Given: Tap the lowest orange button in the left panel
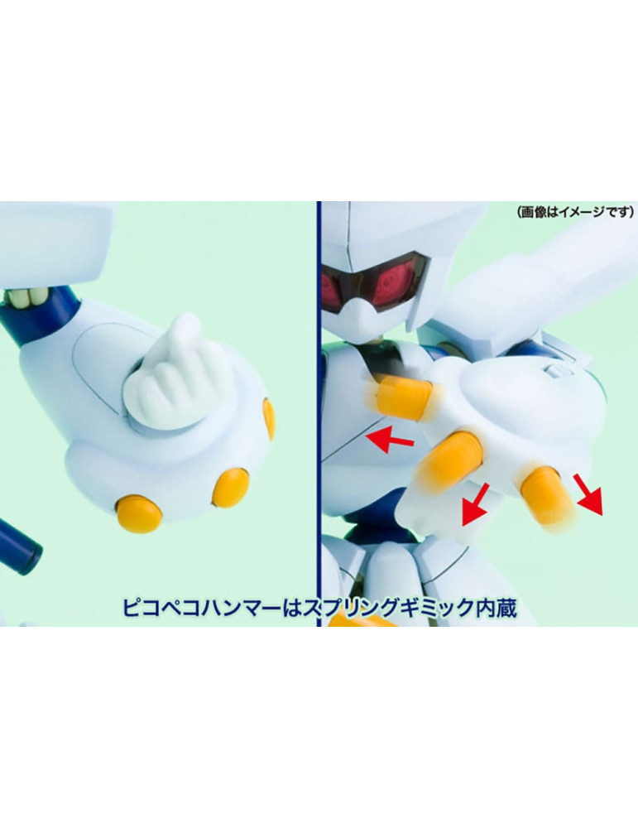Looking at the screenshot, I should [137, 512].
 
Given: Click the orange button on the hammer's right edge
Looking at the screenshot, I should [269, 418].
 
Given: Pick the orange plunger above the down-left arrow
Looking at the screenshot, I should [451, 462].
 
